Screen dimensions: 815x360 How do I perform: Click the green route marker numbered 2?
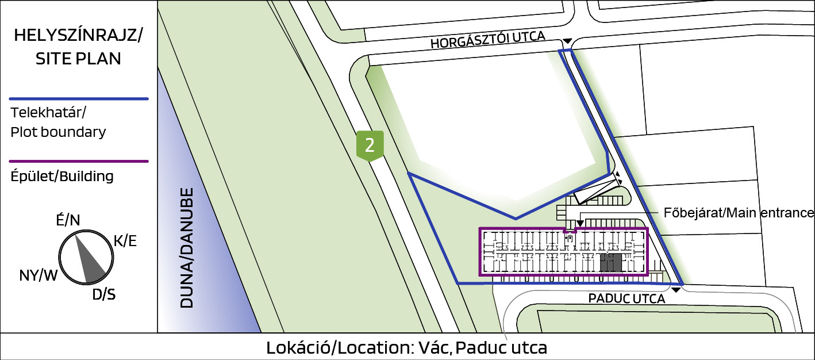(370, 145)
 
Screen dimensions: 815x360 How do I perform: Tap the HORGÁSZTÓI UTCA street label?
(488, 40)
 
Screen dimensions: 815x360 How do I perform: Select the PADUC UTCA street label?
(626, 299)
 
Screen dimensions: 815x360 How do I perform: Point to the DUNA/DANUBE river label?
(187, 248)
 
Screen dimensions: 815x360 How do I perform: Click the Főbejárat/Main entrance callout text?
(739, 213)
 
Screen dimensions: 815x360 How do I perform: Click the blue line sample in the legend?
(79, 99)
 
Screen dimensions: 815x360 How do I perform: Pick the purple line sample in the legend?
(79, 161)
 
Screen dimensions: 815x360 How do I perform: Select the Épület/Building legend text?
(62, 177)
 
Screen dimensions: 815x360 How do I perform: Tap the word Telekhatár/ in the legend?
(48, 113)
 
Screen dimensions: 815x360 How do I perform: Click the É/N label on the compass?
(68, 220)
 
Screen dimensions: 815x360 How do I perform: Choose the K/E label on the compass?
(125, 241)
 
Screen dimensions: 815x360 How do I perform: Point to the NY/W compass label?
(38, 275)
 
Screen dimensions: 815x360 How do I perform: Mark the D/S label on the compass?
(103, 294)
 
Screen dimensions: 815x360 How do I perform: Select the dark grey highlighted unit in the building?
(610, 263)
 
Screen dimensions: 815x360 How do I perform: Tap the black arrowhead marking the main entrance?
(580, 223)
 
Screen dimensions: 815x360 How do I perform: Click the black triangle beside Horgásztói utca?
(568, 41)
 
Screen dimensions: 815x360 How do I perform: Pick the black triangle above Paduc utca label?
(676, 290)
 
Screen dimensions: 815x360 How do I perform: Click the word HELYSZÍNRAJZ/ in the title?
(78, 35)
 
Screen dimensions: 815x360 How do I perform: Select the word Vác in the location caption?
(435, 347)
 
